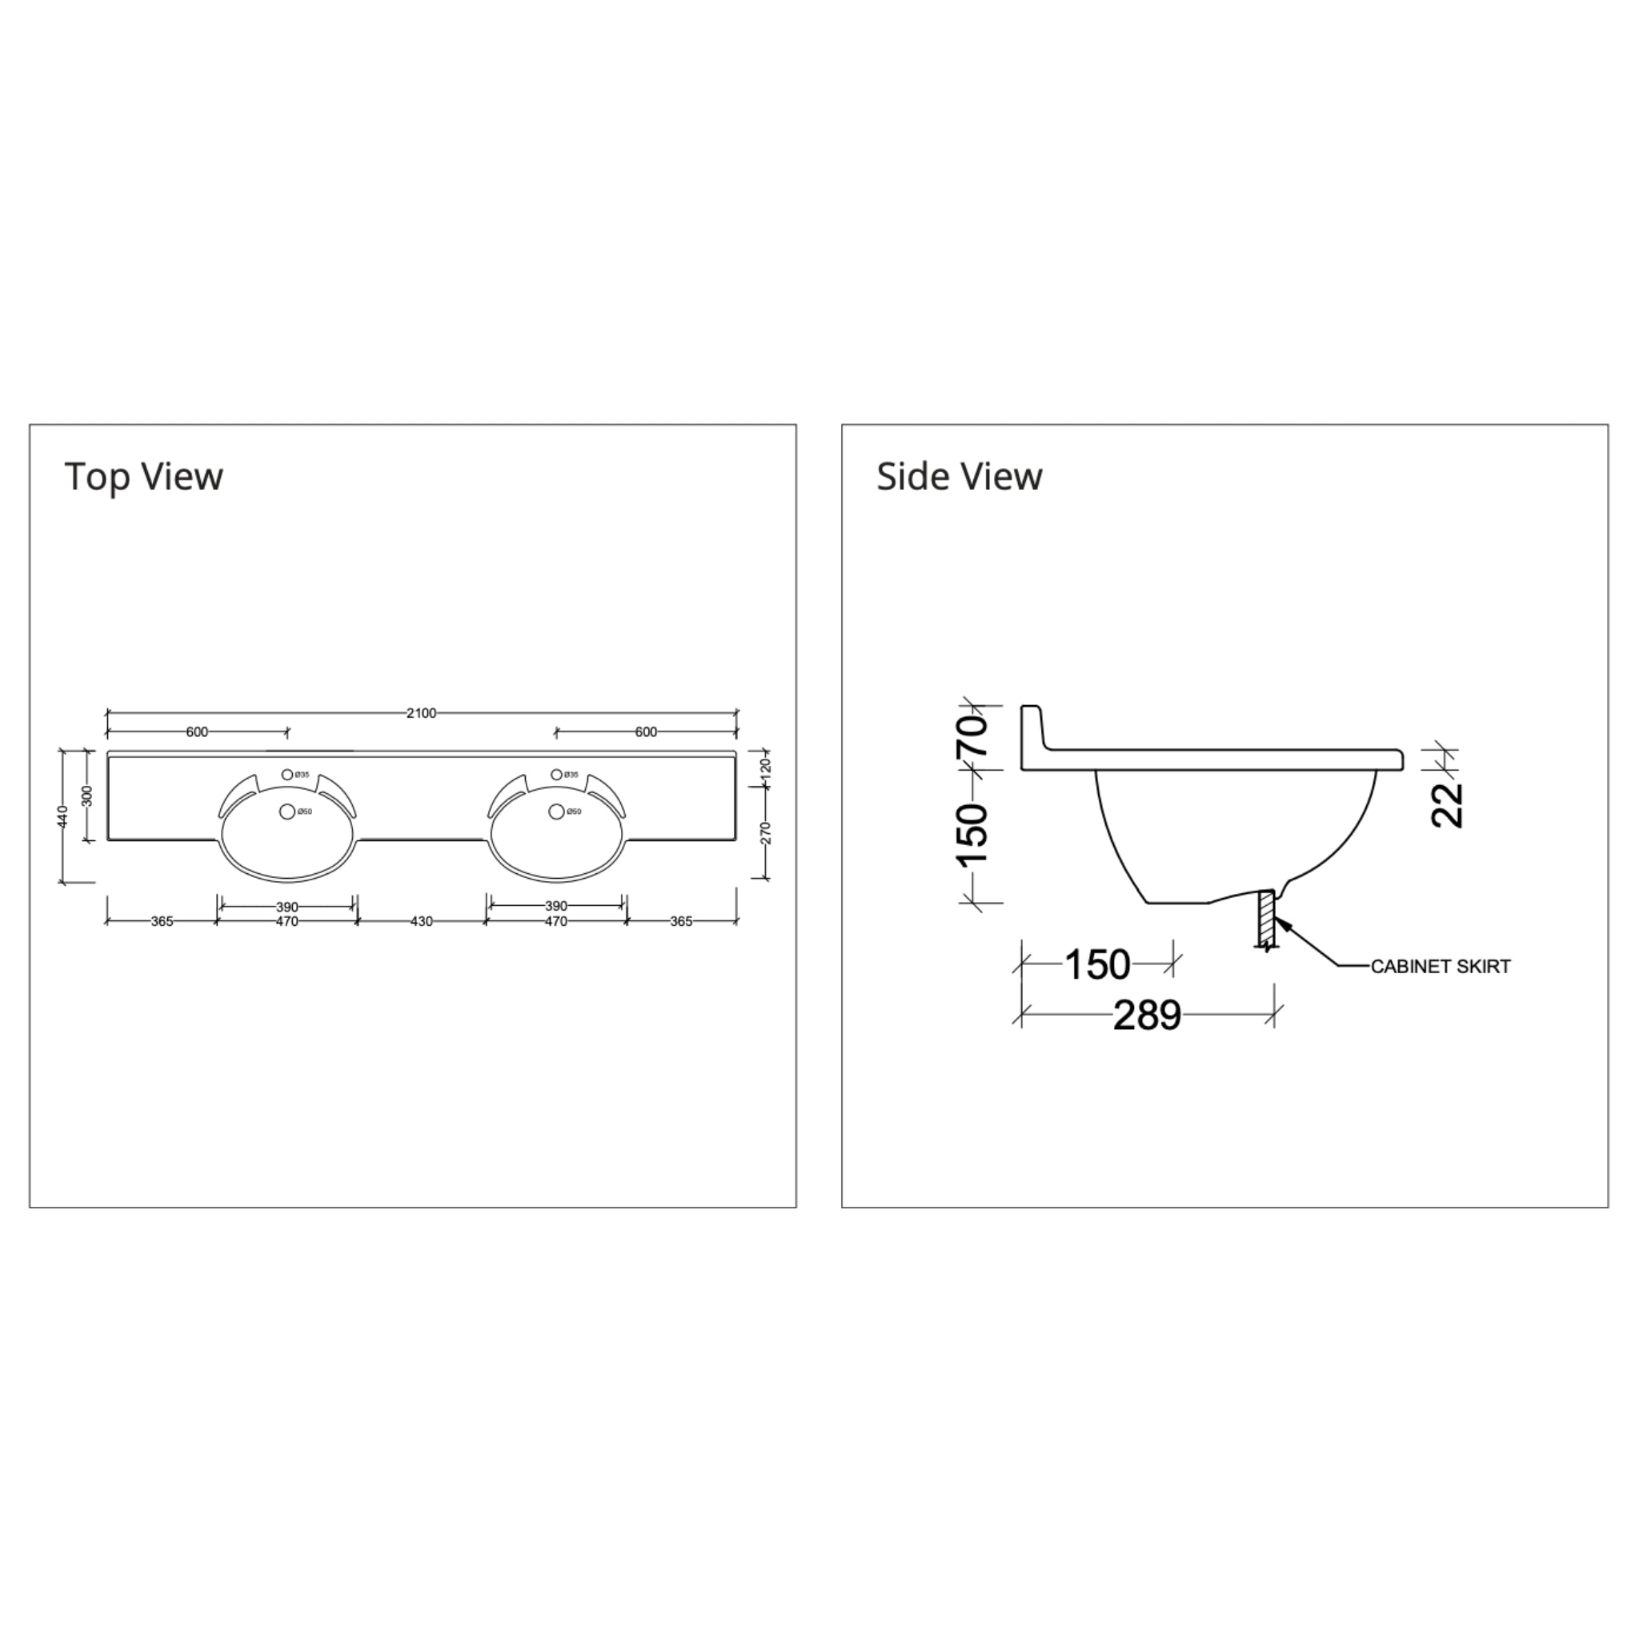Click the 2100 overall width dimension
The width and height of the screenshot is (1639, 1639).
pyautogui.click(x=421, y=712)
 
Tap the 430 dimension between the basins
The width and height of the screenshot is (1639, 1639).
pyautogui.click(x=421, y=921)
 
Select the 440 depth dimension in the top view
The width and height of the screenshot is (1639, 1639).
pyautogui.click(x=62, y=817)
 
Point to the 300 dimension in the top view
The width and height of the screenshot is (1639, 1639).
pyautogui.click(x=86, y=795)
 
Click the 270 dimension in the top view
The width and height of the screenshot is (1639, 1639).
pyautogui.click(x=766, y=833)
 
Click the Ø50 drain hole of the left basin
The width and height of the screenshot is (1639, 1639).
pyautogui.click(x=287, y=811)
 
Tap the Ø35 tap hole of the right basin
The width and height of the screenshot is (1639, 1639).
pyautogui.click(x=556, y=775)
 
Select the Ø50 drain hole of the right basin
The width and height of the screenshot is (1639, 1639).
pyautogui.click(x=556, y=811)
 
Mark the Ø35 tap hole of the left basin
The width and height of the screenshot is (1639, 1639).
pyautogui.click(x=287, y=775)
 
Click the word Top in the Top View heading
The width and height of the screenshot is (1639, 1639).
pyautogui.click(x=98, y=476)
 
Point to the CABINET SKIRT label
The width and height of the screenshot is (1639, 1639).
pyautogui.click(x=1441, y=966)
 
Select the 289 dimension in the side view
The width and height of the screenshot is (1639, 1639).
pyautogui.click(x=1147, y=1016)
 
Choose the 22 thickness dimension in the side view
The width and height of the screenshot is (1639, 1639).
pyautogui.click(x=1447, y=804)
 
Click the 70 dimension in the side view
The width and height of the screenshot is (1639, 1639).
pyautogui.click(x=974, y=736)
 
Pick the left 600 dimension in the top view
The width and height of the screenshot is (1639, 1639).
pyautogui.click(x=197, y=732)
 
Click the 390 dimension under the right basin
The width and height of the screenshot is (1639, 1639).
pyautogui.click(x=555, y=906)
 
